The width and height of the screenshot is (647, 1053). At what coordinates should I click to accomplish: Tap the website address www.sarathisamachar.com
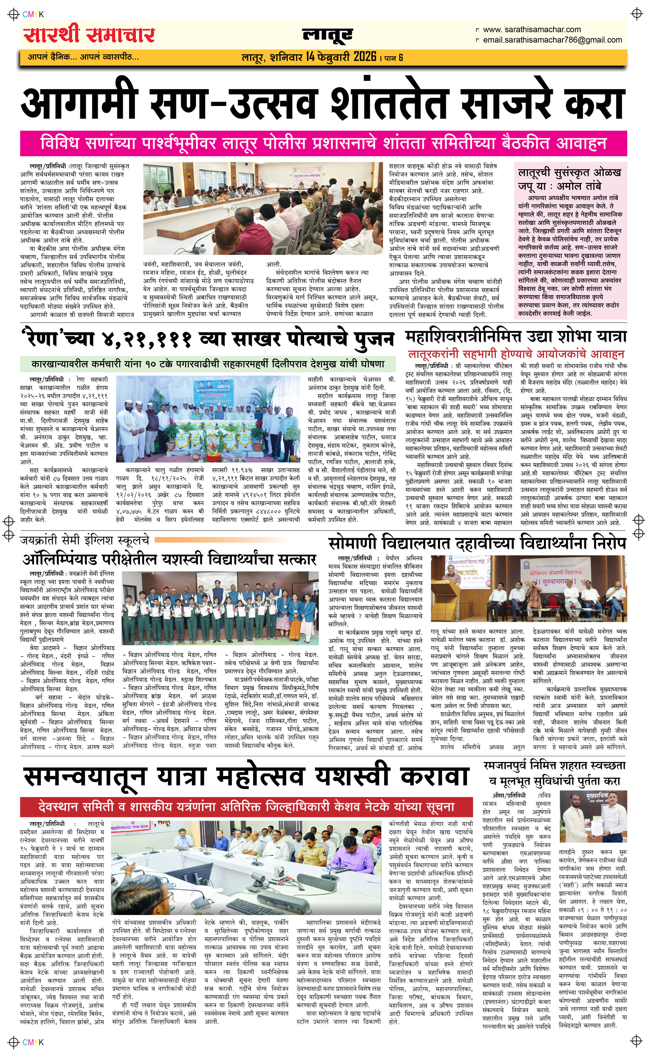(x=532, y=29)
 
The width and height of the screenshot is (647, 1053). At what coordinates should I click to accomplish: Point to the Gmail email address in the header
(x=552, y=40)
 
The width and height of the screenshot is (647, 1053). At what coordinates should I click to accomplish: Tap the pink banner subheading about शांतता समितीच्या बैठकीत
(x=323, y=143)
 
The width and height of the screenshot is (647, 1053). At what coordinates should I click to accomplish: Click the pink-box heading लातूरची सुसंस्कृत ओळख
(x=569, y=173)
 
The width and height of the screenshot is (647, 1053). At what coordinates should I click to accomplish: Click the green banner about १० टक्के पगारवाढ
(x=208, y=364)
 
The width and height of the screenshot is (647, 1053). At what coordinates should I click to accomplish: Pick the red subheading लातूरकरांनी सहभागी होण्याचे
(x=516, y=354)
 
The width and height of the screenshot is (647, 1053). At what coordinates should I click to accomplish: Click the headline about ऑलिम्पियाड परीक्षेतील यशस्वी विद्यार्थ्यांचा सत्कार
(x=169, y=559)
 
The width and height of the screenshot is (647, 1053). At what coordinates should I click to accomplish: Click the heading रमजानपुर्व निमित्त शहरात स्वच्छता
(x=554, y=765)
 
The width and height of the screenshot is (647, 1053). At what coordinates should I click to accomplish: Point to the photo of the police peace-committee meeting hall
(x=263, y=208)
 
